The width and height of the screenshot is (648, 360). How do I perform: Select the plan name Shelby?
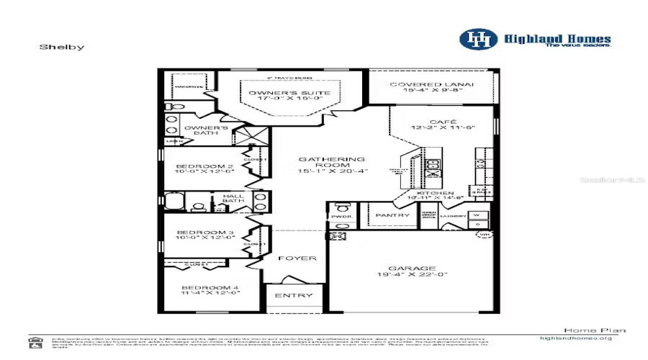point(62,47)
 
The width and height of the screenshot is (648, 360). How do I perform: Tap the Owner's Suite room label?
point(290,94)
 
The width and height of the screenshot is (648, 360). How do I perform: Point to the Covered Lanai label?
point(432,84)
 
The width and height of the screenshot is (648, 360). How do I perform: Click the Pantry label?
point(393,215)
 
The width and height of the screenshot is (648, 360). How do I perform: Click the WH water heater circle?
point(483,235)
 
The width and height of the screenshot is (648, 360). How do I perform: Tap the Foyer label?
point(297,258)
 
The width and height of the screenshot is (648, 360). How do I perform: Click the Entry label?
point(294,295)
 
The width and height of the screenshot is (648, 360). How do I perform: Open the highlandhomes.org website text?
point(575,338)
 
